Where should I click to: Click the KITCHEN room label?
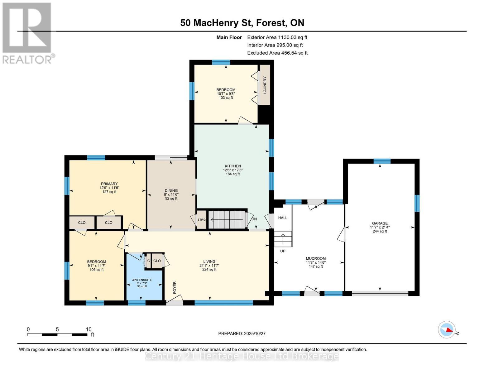pyautogui.click(x=233, y=166)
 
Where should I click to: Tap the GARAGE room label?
pyautogui.click(x=380, y=223)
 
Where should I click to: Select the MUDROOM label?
pyautogui.click(x=316, y=258)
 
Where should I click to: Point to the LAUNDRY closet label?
pyautogui.click(x=265, y=85)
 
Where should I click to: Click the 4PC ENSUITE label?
pyautogui.click(x=142, y=280)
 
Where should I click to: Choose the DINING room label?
pyautogui.click(x=171, y=190)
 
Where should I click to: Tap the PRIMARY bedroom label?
pyautogui.click(x=109, y=184)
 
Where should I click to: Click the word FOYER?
pyautogui.click(x=175, y=287)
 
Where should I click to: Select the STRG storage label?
pyautogui.click(x=201, y=220)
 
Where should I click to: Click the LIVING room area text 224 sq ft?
pyautogui.click(x=209, y=270)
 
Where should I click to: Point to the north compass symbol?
pyautogui.click(x=447, y=329)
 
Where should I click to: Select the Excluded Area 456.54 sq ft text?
pyautogui.click(x=277, y=53)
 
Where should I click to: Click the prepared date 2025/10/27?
pyautogui.click(x=242, y=333)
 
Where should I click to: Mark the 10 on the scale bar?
pyautogui.click(x=89, y=329)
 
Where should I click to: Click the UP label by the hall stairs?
pyautogui.click(x=282, y=251)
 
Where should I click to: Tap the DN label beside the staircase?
pyautogui.click(x=254, y=219)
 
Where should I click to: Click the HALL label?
pyautogui.click(x=283, y=218)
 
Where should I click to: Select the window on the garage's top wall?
pyautogui.click(x=382, y=161)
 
